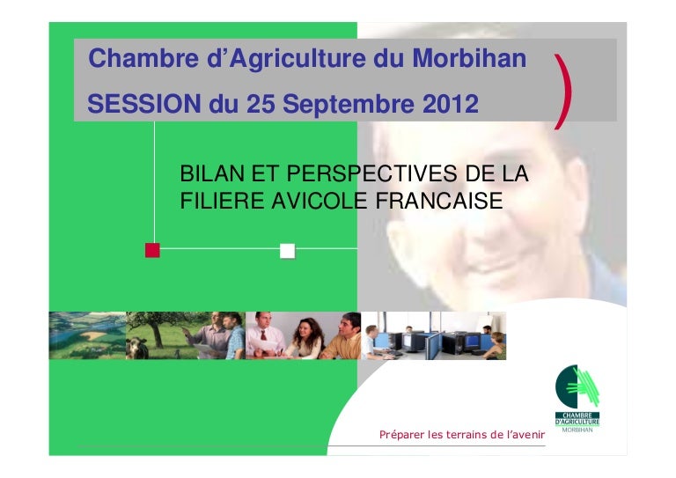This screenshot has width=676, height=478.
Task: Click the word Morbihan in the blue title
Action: point(469,58)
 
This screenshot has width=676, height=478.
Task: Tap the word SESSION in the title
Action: point(144,104)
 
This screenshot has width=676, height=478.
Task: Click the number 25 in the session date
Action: point(261,104)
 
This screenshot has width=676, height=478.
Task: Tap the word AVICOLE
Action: point(319,201)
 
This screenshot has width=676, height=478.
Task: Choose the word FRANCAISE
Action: point(439,201)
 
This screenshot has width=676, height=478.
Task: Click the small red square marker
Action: point(152,250)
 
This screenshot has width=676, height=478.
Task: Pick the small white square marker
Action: point(288,251)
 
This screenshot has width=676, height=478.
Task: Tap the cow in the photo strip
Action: point(137,348)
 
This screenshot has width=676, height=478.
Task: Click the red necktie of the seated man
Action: point(263,335)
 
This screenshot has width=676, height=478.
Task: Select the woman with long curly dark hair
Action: point(306,338)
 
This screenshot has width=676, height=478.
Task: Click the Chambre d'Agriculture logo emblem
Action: point(577,386)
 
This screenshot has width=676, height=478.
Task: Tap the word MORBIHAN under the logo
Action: point(577,430)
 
